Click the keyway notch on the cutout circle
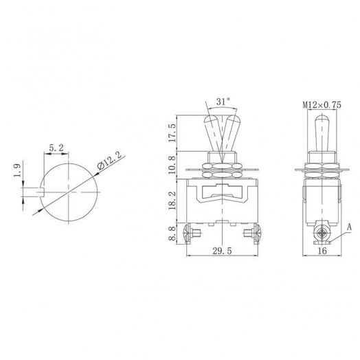[43, 188]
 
